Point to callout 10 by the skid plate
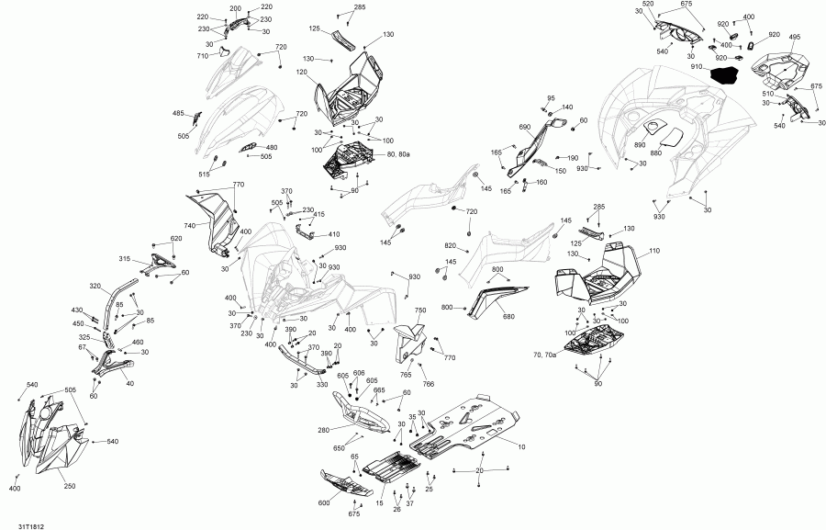coord(521,447)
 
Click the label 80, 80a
coord(399,155)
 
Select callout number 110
coord(654,251)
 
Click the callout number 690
coord(525,128)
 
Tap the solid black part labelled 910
coord(731,74)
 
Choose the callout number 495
coord(794,38)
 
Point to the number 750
coord(420,310)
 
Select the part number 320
coord(95,286)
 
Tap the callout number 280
coord(323,429)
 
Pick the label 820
coord(451,246)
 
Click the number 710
coord(203,56)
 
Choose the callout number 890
coord(640,145)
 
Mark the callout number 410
coord(334,233)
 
